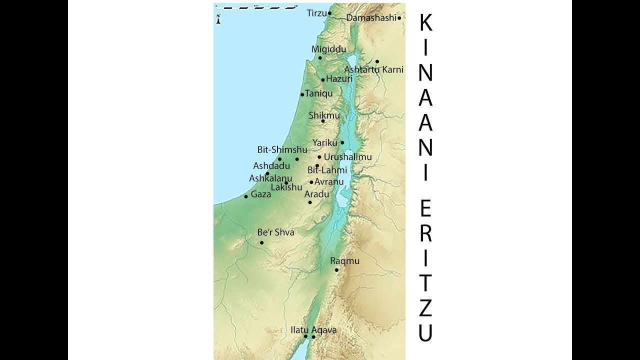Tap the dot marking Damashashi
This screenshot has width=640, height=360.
click(399, 18)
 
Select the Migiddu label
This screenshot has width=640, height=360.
click(328, 49)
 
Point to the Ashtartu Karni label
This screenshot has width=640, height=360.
click(373, 69)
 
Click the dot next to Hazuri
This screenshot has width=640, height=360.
click(323, 80)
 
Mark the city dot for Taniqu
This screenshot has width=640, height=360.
click(302, 94)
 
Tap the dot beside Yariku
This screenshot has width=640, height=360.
click(342, 142)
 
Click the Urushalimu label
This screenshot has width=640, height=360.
click(347, 157)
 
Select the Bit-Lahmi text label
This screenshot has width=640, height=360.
click(327, 170)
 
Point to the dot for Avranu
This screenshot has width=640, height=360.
click(311, 182)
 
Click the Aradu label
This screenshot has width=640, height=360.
click(316, 194)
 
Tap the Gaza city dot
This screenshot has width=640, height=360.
click(246, 196)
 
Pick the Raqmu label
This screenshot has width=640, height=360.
click(344, 261)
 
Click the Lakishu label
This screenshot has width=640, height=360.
click(286, 188)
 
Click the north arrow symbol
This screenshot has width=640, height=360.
click(218, 20)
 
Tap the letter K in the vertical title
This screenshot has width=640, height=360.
click(425, 22)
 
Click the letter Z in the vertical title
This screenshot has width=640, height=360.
click(425, 308)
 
